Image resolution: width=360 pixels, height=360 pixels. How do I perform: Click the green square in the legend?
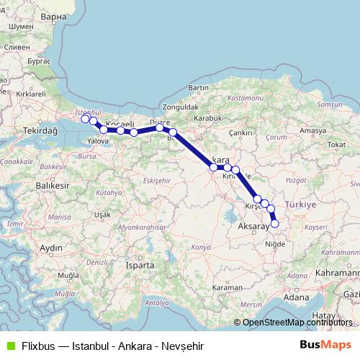[x=9, y=344]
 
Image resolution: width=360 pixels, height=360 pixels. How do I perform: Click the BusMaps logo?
[x=325, y=344]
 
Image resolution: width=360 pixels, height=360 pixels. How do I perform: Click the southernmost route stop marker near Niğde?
[x=274, y=223]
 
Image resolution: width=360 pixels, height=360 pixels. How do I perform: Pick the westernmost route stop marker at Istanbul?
[x=85, y=119]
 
